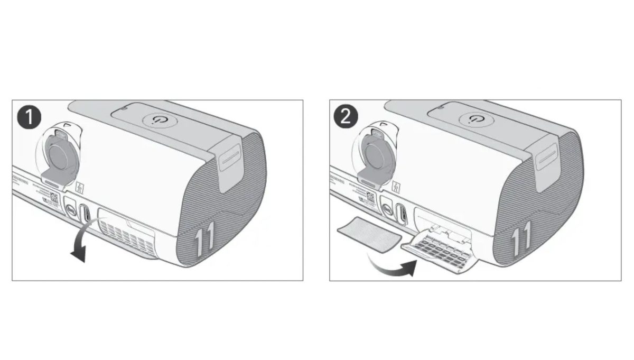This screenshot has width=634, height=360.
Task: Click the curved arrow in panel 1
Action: (83, 242)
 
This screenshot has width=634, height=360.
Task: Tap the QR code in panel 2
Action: (369, 198)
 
